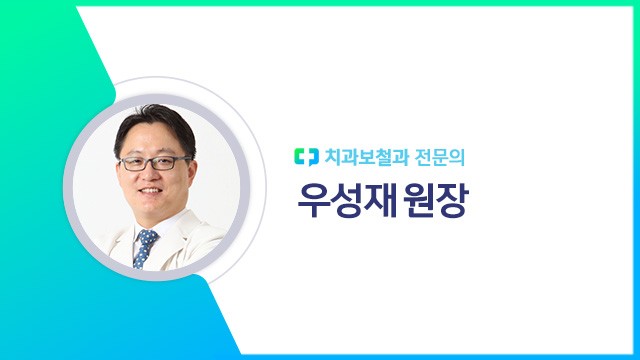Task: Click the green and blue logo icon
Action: coord(304,157)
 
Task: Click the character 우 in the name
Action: coord(315,201)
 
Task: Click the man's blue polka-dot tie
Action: coord(146,247)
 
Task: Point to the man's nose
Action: coord(152,171)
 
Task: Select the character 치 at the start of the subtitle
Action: coord(332,157)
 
